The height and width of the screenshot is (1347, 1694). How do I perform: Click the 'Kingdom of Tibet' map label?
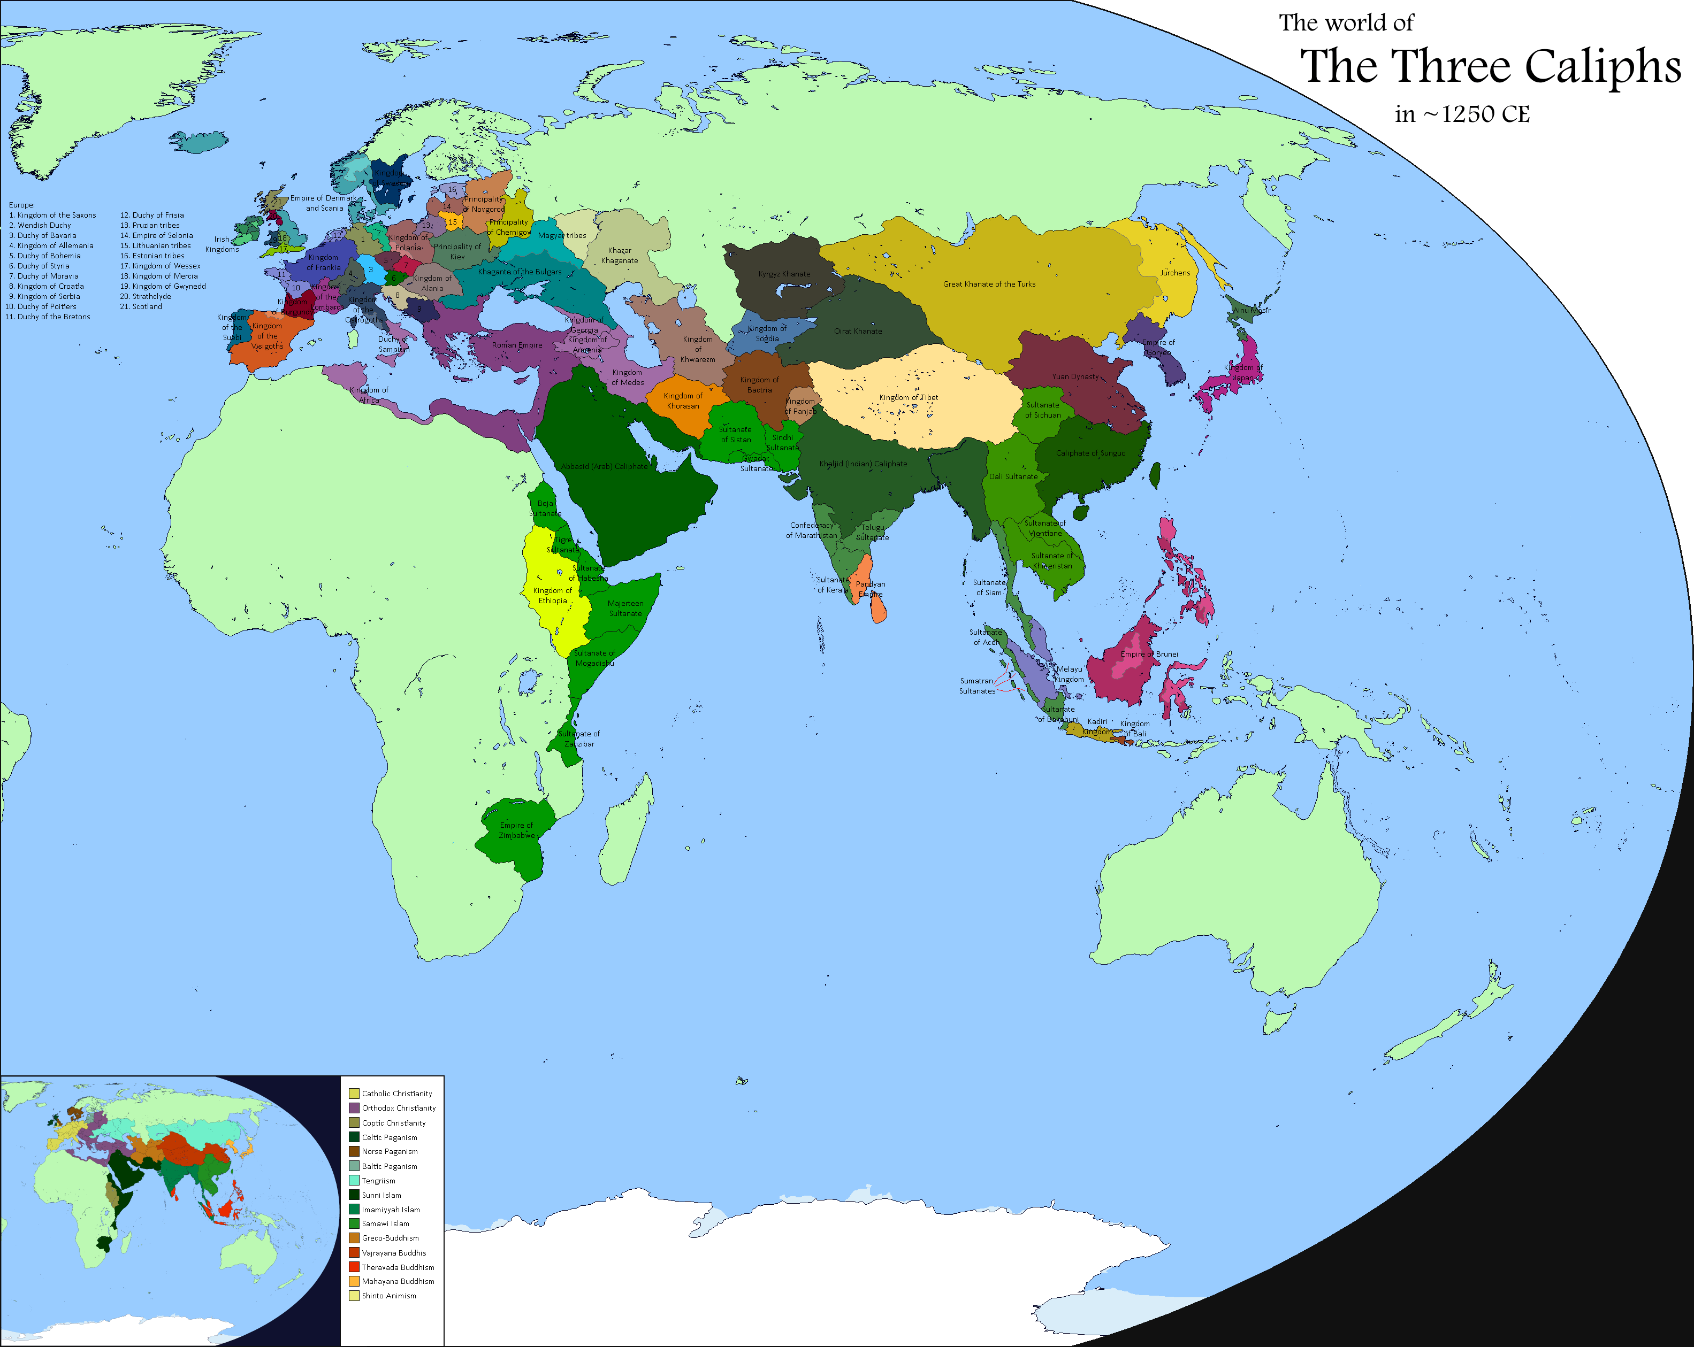[x=909, y=397]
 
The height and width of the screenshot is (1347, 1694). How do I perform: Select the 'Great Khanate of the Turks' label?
[x=989, y=284]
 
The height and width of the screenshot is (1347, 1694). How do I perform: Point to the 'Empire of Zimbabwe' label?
[x=516, y=830]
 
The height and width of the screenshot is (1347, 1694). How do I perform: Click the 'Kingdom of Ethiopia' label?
[x=552, y=595]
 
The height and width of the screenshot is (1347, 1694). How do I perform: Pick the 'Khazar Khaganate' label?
[x=620, y=255]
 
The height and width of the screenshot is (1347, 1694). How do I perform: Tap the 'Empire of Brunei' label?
[x=1149, y=655]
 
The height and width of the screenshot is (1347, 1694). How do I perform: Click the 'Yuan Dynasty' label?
[x=1075, y=377]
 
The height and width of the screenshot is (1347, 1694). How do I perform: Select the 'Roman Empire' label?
[x=517, y=345]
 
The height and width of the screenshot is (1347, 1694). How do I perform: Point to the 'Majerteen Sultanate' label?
[x=625, y=609]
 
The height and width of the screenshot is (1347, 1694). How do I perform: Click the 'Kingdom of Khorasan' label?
[x=683, y=401]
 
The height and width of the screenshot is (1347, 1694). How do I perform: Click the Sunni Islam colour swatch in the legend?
[x=354, y=1195]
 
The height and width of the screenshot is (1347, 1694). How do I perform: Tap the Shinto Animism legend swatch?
[x=354, y=1295]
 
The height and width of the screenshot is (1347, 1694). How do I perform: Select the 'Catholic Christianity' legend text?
[x=397, y=1094]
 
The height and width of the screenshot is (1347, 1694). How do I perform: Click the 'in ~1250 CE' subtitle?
[x=1462, y=114]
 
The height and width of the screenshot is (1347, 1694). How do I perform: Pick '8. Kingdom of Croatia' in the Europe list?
[x=47, y=287]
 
